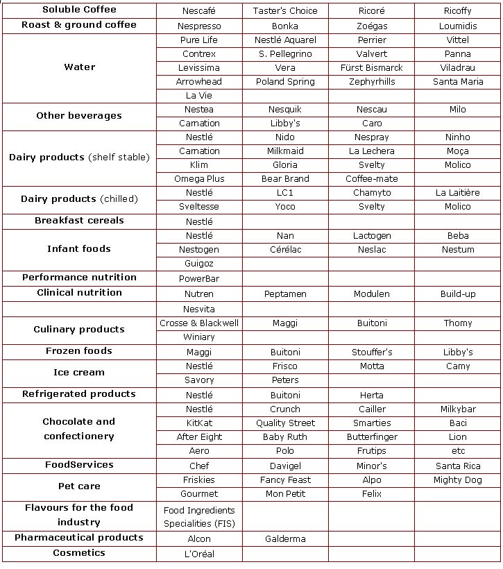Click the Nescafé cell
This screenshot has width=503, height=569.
click(199, 11)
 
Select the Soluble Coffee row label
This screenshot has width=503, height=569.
click(79, 10)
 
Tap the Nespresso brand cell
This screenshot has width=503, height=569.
click(199, 26)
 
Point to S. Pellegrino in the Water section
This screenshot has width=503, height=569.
click(285, 54)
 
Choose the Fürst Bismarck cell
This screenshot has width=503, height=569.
click(371, 68)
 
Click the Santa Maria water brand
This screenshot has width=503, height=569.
click(458, 82)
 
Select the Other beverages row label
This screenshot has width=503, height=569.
click(79, 116)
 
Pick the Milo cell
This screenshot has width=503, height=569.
click(458, 110)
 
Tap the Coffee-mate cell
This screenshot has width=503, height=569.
click(371, 179)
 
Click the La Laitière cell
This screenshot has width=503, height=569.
click(458, 193)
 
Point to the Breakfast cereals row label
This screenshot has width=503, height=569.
click(79, 221)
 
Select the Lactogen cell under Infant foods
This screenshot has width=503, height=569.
click(371, 236)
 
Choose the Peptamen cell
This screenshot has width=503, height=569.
click(285, 294)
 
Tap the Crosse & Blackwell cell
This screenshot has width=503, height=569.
click(199, 323)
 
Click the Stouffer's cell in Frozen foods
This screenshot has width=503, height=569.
click(371, 353)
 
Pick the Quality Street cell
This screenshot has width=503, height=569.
click(285, 423)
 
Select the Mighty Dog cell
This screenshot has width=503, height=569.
click(458, 480)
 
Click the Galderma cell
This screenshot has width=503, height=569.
click(285, 539)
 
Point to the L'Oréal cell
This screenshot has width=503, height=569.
click(199, 554)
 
